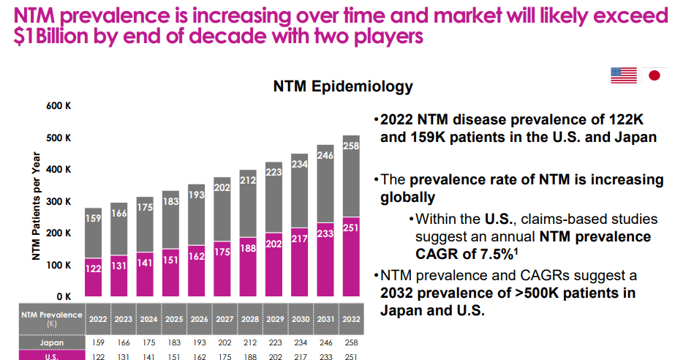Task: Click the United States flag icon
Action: tap(625, 75)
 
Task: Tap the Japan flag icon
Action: tap(655, 75)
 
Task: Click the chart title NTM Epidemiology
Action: tap(343, 86)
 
